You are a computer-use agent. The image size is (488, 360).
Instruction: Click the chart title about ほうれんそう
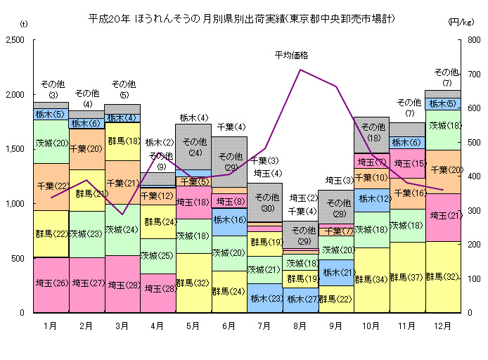click(241, 17)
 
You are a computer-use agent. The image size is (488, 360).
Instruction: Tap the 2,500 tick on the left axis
click(16, 40)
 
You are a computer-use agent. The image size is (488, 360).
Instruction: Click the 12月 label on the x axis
click(443, 326)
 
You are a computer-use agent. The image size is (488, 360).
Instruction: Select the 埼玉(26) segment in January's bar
click(50, 285)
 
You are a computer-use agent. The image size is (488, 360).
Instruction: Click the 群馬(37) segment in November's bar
click(407, 278)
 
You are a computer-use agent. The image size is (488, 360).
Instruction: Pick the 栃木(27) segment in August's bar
click(300, 300)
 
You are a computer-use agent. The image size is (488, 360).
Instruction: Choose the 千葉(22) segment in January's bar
click(50, 186)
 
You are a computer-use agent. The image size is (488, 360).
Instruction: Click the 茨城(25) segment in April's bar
click(158, 256)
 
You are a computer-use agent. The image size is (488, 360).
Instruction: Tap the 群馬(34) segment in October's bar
click(371, 279)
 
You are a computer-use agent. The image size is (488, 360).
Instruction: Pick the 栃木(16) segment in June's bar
click(229, 221)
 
